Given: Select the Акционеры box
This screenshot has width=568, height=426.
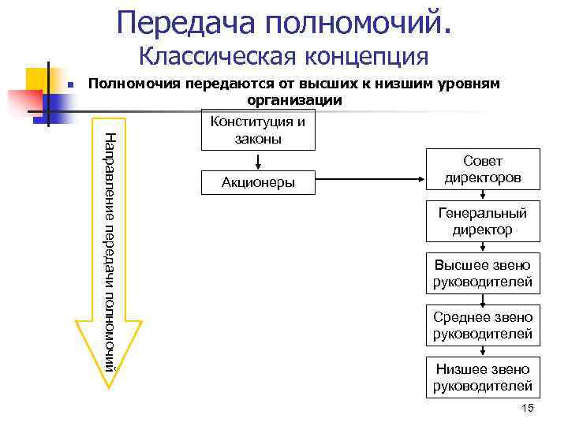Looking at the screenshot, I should pyautogui.click(x=258, y=183).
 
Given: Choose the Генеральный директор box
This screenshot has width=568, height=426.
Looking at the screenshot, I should pyautogui.click(x=483, y=222).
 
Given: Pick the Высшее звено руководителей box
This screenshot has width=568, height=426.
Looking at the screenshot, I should pyautogui.click(x=483, y=273).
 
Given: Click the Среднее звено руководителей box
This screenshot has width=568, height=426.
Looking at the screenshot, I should pyautogui.click(x=483, y=325).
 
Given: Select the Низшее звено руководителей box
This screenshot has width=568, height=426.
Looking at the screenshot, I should pyautogui.click(x=483, y=377).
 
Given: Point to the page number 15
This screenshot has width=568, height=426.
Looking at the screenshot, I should pyautogui.click(x=528, y=407).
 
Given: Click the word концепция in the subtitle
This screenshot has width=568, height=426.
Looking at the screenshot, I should pyautogui.click(x=365, y=57).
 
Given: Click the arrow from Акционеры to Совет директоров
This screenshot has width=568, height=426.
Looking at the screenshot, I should pyautogui.click(x=371, y=181).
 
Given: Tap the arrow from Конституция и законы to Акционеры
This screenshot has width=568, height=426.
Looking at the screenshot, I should pyautogui.click(x=259, y=160).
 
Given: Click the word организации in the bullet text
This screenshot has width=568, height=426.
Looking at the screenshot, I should pyautogui.click(x=294, y=100).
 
